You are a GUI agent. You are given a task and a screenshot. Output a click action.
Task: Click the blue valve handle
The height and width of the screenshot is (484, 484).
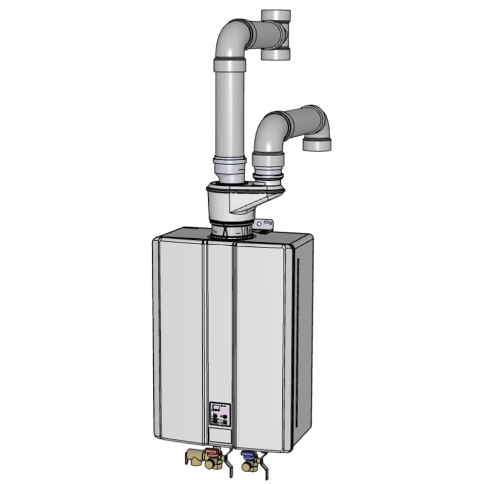pyautogui.click(x=248, y=455)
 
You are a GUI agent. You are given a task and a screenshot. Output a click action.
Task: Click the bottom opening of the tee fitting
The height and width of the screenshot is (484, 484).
pyautogui.click(x=276, y=55)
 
